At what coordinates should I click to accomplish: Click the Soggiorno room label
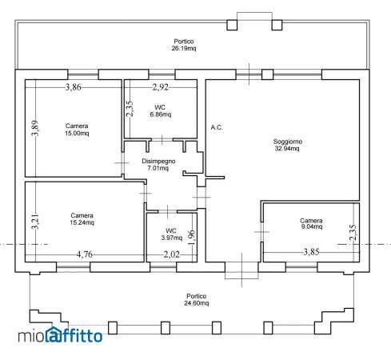[288, 145]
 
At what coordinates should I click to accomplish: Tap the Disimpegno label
[158, 161]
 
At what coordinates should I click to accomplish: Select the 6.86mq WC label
[160, 111]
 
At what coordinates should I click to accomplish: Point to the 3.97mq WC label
[172, 234]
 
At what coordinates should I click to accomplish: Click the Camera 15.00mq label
[77, 130]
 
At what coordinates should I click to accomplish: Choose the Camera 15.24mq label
[82, 219]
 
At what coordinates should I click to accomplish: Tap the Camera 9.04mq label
[311, 223]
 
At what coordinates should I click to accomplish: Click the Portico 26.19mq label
[184, 45]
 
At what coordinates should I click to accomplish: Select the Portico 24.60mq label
[197, 299]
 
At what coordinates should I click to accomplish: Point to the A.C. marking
[217, 127]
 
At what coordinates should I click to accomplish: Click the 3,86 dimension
[74, 87]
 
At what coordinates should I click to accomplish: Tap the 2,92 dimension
[161, 87]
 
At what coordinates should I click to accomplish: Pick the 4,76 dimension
[85, 254]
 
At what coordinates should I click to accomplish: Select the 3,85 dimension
[311, 252]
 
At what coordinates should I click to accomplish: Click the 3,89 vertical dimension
[35, 128]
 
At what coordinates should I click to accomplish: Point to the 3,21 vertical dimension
[35, 222]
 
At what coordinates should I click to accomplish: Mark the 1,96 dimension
[192, 235]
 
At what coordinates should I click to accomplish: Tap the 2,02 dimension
[171, 254]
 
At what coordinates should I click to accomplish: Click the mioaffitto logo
[60, 335]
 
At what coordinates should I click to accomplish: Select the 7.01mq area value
[158, 168]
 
